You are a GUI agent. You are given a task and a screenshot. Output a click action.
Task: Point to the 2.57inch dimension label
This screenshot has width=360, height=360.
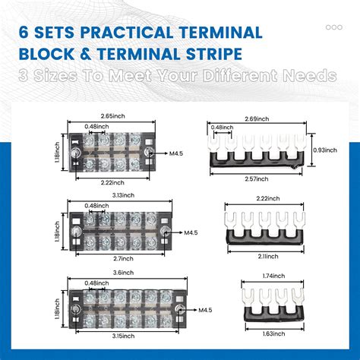click(262, 178)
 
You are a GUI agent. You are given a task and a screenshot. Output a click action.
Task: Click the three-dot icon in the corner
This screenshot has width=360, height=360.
click(333, 27)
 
